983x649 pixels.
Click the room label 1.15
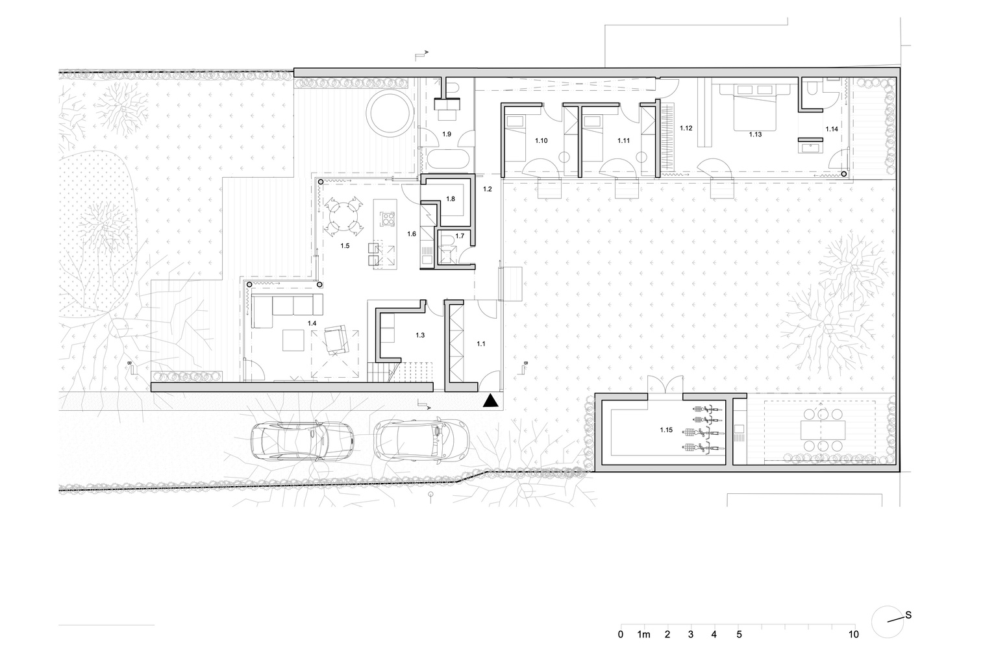666,430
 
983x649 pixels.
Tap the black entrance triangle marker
491,400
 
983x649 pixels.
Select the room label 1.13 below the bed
755,134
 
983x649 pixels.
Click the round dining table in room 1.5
343,215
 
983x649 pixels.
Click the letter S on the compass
908,615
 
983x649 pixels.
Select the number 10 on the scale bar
854,634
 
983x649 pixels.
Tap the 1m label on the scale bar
643,634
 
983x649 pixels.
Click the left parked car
303,441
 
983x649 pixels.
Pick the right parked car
422,440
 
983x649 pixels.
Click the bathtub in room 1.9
446,160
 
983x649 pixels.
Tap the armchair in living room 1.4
336,339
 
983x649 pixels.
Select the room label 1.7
460,236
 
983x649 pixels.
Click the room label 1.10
541,141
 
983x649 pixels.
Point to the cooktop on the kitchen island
387,218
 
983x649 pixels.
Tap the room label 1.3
420,335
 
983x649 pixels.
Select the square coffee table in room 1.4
293,340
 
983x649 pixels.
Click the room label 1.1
481,344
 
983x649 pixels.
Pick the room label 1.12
686,128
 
